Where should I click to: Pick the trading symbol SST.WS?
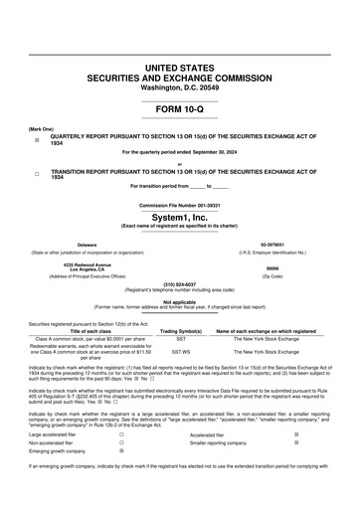[x=181, y=378]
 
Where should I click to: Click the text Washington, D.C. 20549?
[x=179, y=86]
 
